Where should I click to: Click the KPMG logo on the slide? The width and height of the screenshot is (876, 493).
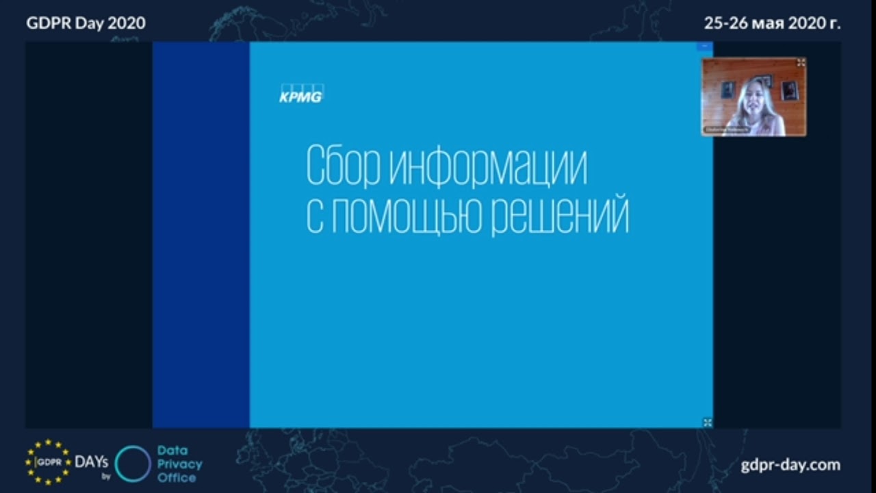click(300, 94)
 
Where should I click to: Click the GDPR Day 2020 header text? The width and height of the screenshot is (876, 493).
click(86, 23)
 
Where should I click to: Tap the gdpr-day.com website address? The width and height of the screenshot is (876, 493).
click(790, 465)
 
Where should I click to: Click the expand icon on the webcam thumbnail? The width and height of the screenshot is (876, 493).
click(801, 62)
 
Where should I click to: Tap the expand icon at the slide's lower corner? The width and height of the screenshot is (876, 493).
click(708, 422)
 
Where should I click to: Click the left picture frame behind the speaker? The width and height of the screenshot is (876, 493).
click(727, 89)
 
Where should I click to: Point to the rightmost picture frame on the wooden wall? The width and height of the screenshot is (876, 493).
click(790, 89)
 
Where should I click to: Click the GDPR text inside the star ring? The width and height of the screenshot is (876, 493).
click(49, 462)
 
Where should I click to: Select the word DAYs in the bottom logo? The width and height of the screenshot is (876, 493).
click(92, 462)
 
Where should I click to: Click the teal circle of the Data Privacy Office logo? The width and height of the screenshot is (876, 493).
click(133, 464)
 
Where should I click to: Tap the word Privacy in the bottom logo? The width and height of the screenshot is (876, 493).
click(180, 464)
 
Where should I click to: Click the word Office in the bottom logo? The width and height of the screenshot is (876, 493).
click(177, 477)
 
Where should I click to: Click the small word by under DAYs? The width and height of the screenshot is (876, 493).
click(106, 476)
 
